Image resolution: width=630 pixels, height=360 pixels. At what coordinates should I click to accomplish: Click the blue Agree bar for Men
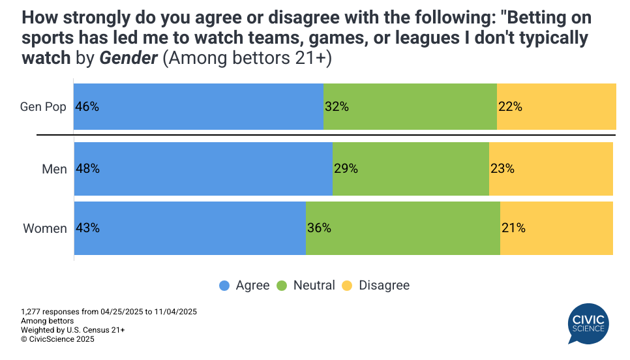pyautogui.click(x=203, y=169)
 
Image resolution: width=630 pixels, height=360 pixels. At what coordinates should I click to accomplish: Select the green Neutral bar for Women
pyautogui.click(x=403, y=228)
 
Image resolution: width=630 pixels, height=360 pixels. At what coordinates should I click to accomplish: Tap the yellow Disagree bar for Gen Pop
pyautogui.click(x=556, y=106)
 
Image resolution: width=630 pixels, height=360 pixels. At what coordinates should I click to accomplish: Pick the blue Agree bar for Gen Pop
pyautogui.click(x=198, y=106)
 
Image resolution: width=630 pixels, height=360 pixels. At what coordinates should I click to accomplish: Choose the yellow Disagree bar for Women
pyautogui.click(x=556, y=228)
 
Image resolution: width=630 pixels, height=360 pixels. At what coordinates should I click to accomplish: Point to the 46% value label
pyautogui.click(x=87, y=106)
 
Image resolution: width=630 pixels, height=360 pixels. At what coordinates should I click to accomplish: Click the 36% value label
pyautogui.click(x=319, y=228)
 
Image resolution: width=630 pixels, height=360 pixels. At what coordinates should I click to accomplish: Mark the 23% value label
pyautogui.click(x=502, y=169)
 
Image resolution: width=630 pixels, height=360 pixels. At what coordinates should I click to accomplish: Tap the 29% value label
pyautogui.click(x=346, y=169)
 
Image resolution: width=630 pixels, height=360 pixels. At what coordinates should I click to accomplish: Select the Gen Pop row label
pyautogui.click(x=43, y=106)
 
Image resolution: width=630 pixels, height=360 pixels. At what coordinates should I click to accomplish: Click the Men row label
pyautogui.click(x=54, y=169)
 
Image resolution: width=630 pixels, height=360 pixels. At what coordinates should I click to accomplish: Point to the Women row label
pyautogui.click(x=45, y=228)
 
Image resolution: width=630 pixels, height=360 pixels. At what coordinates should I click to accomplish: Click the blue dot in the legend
pyautogui.click(x=224, y=286)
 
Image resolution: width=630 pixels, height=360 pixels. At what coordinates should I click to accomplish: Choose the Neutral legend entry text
pyautogui.click(x=314, y=286)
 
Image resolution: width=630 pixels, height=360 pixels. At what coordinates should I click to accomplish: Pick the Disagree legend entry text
pyautogui.click(x=384, y=286)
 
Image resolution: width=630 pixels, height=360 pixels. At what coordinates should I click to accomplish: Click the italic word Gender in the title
pyautogui.click(x=128, y=57)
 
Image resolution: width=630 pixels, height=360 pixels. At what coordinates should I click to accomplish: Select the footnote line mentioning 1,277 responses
pyautogui.click(x=109, y=312)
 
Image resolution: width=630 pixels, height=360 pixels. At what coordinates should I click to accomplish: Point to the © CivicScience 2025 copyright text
pyautogui.click(x=57, y=339)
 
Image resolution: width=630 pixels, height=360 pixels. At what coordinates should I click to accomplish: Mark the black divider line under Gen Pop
pyautogui.click(x=326, y=135)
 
